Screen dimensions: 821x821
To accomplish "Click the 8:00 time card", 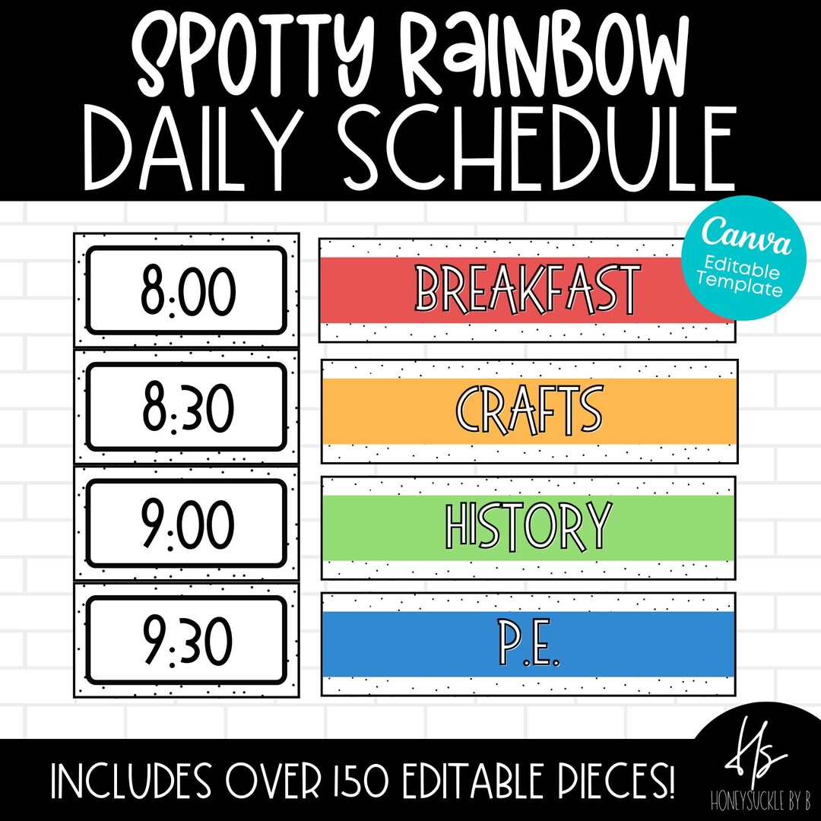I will coord(186,290).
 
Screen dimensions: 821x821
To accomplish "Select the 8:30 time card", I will coord(186,407).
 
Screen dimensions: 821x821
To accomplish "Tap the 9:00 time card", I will coord(186,525).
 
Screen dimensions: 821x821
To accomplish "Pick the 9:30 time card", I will coord(186,641).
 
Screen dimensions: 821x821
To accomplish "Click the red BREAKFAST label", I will coord(528,290).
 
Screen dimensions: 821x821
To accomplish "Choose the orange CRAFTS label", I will coord(529,410).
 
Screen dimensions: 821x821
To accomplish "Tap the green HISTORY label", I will coord(529,527).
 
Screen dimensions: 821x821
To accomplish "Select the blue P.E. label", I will coord(529,644).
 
